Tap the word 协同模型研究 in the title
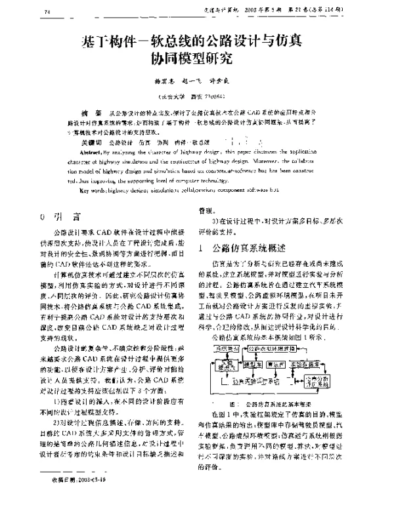[x=192, y=61]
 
